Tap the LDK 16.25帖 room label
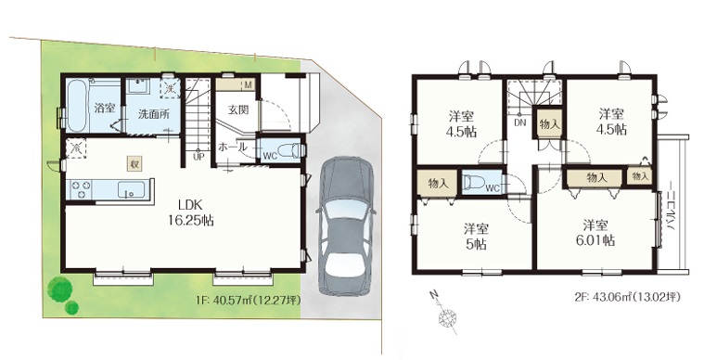[190, 212]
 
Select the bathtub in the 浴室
[78, 105]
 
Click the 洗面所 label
[154, 114]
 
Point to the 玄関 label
[238, 109]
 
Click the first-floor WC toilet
[288, 150]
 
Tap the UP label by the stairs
[198, 157]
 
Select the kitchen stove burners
[80, 188]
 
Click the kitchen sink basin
[132, 189]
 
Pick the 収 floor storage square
[134, 164]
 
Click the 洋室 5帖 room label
[477, 237]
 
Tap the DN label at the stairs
[520, 122]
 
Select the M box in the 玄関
[249, 84]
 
